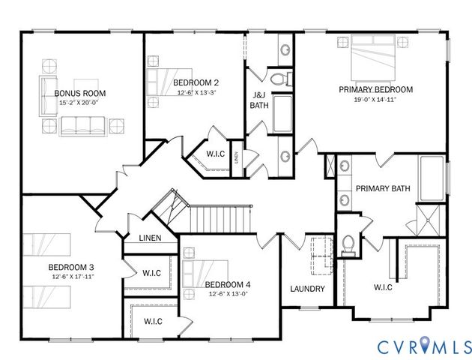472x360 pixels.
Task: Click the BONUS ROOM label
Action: point(80,93)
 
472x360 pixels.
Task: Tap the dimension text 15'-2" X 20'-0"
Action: point(80,103)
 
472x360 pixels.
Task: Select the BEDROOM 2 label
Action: point(196,82)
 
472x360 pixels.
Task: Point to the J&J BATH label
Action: point(258,100)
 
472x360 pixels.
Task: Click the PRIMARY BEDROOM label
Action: point(375,89)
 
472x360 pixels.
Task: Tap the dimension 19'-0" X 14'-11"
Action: point(375,99)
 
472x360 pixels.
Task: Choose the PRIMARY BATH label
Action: point(382,189)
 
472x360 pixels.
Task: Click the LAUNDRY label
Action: point(307,289)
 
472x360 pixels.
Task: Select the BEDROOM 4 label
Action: point(228,284)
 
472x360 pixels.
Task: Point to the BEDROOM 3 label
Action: point(70,267)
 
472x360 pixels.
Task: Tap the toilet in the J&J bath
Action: point(279,78)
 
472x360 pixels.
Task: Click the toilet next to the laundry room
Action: point(348,244)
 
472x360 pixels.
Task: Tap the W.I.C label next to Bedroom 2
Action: point(216,154)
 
